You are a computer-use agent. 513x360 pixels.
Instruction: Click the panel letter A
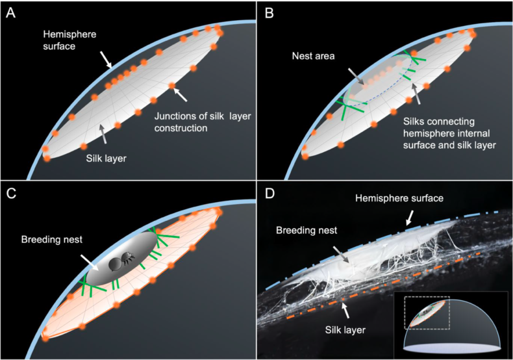[x=11, y=13]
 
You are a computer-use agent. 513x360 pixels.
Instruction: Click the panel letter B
[x=269, y=13]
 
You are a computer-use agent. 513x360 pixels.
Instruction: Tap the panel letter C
[x=11, y=194]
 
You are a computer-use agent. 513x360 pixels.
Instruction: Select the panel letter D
[x=270, y=194]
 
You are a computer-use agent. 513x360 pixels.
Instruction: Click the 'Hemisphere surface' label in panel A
[x=69, y=40]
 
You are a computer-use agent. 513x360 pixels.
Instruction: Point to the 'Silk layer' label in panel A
[x=106, y=159]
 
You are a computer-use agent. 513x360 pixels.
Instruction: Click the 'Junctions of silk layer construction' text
[x=203, y=122]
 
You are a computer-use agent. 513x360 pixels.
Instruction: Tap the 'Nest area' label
[x=314, y=56]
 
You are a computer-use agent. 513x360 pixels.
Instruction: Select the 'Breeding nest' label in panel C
[x=52, y=240]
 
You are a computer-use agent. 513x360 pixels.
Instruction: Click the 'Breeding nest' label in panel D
[x=307, y=231]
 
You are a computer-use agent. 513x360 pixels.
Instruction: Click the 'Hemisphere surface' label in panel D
[x=399, y=198]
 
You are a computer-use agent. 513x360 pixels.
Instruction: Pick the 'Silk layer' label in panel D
[x=345, y=329]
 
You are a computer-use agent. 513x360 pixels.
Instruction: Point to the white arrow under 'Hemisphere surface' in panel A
[x=106, y=60]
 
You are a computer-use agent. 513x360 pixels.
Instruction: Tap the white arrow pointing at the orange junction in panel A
[x=180, y=94]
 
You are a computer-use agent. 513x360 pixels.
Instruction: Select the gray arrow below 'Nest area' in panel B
[x=356, y=77]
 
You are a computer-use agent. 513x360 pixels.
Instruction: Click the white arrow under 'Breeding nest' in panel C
[x=90, y=263]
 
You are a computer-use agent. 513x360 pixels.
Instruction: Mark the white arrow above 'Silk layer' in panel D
[x=345, y=310]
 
